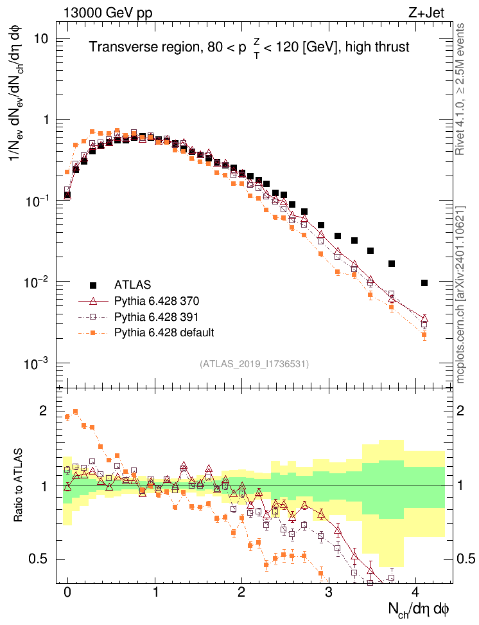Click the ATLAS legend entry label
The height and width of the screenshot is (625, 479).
132,285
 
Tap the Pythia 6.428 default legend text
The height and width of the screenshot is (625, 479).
164,332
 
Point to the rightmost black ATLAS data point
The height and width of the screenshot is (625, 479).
424,283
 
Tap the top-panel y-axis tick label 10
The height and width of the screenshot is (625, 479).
43,39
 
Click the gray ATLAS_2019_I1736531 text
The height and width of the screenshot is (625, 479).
255,364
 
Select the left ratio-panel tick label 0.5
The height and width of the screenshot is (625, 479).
40,559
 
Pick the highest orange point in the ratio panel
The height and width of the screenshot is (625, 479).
76,412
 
